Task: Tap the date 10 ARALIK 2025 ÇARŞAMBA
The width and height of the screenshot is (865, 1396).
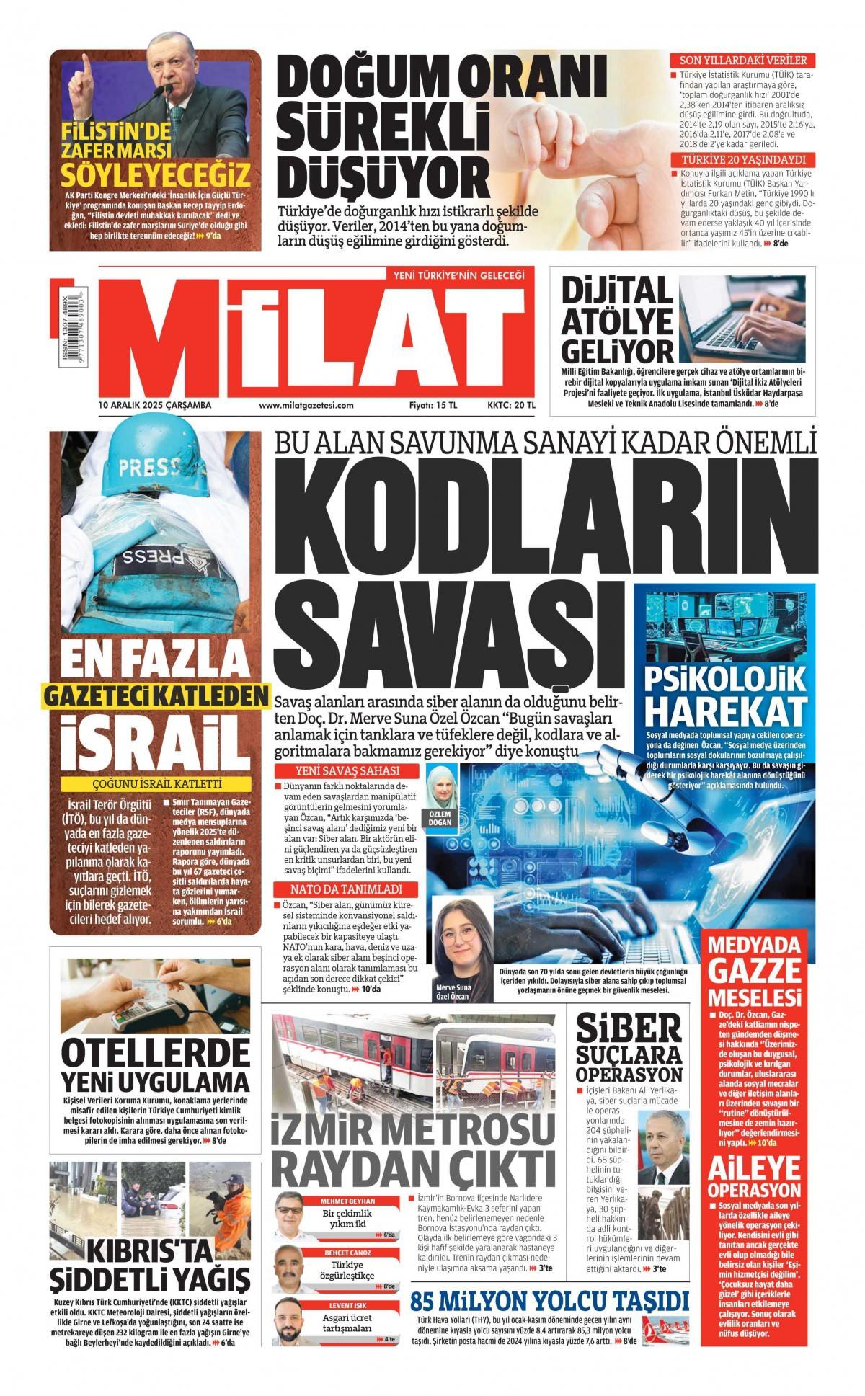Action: coord(155,405)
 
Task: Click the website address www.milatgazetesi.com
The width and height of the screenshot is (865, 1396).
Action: coord(306,405)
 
